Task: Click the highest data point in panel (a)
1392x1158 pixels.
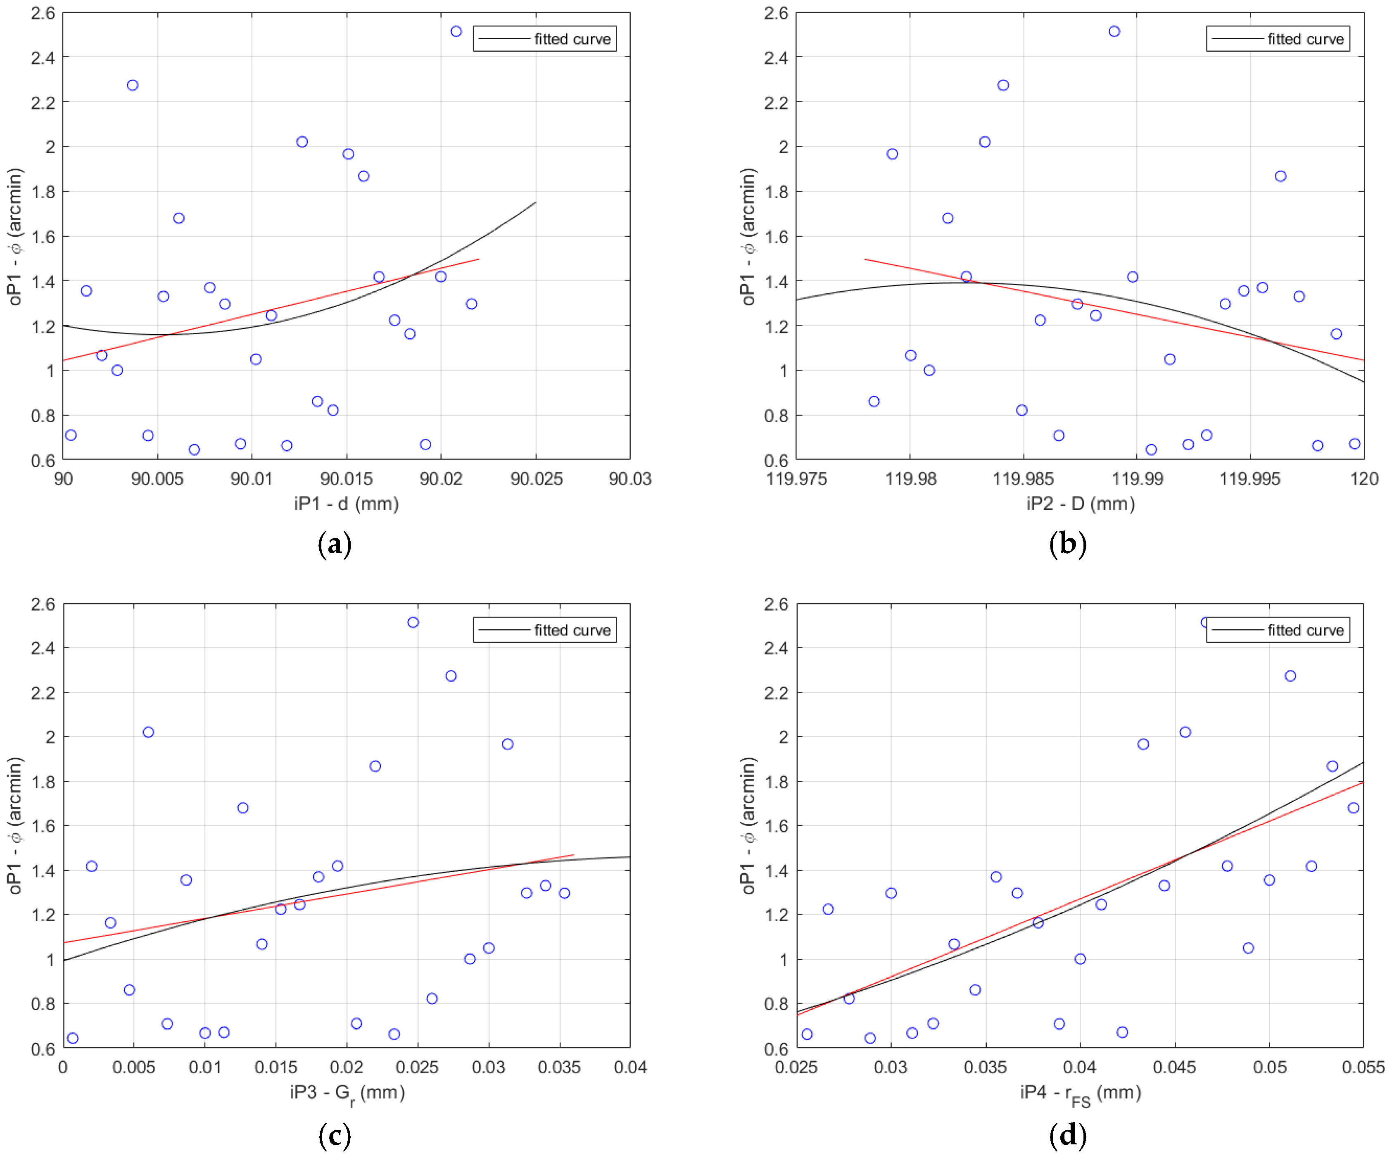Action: [456, 31]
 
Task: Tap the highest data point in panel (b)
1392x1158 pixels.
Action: [1114, 31]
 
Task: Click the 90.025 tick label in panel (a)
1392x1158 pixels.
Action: [536, 478]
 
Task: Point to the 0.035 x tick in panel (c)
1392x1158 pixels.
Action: [559, 1068]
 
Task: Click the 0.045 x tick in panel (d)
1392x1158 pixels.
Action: [1174, 1068]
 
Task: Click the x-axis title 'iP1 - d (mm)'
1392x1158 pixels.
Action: [346, 504]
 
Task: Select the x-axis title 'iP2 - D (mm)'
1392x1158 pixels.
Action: [1081, 504]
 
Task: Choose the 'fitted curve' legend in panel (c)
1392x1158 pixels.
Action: [544, 630]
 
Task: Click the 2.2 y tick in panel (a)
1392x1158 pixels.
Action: [43, 102]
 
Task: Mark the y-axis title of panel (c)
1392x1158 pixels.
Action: [14, 825]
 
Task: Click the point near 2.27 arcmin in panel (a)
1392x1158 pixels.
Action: [133, 85]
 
